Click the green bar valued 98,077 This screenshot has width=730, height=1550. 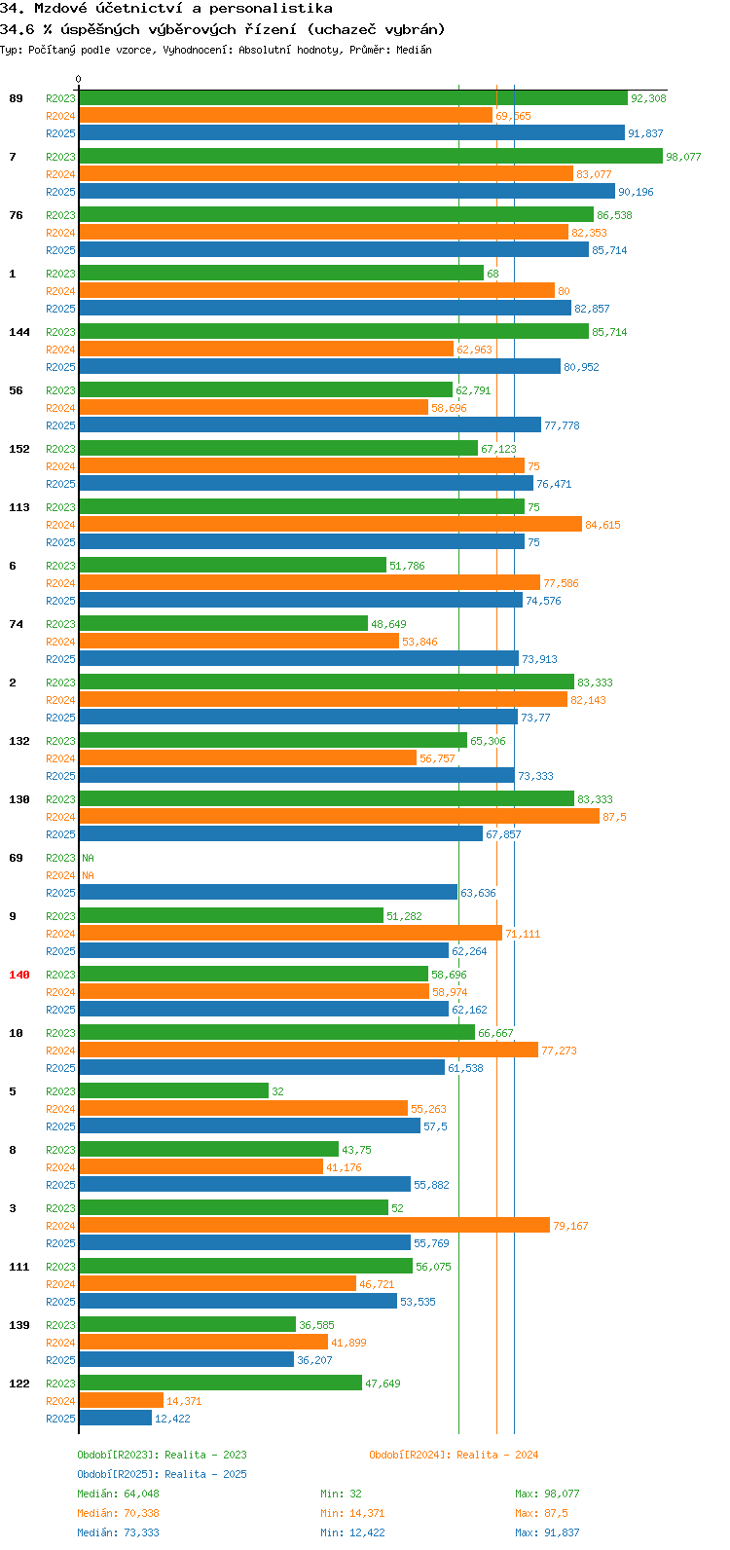click(371, 157)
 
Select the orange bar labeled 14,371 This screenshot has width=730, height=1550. click(121, 1400)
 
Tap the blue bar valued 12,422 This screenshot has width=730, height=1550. click(116, 1418)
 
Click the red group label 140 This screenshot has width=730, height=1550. click(19, 975)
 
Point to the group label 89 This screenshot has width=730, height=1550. click(16, 98)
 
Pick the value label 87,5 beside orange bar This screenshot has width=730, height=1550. click(614, 817)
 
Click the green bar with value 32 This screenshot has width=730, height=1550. click(173, 1091)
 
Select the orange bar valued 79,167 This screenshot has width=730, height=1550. click(314, 1226)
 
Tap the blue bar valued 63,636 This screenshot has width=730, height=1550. click(269, 893)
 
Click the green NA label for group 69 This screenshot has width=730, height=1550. click(88, 858)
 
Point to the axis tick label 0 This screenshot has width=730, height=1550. click(78, 79)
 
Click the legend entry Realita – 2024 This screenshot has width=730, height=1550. click(454, 1455)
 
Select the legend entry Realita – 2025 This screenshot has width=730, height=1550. click(162, 1474)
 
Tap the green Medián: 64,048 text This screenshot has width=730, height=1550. click(119, 1494)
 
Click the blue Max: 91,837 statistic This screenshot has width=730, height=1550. click(547, 1532)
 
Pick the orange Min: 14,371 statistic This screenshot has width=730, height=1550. click(352, 1513)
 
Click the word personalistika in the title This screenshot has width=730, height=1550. click(271, 9)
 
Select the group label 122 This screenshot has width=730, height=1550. click(19, 1384)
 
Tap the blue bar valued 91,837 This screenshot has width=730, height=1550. click(352, 132)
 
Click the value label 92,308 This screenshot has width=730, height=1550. click(648, 98)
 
